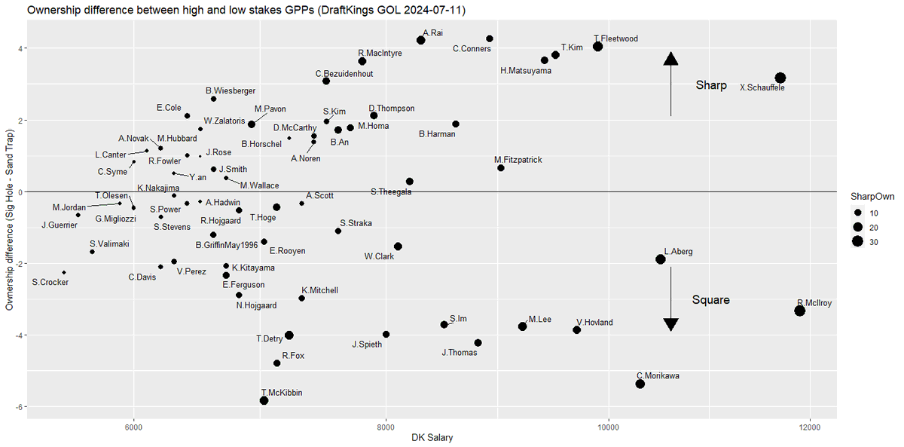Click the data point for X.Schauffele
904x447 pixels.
(780, 78)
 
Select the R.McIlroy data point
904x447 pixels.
(800, 311)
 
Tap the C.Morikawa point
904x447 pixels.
(640, 384)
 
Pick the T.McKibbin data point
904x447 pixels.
(264, 400)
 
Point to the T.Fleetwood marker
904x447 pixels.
(597, 46)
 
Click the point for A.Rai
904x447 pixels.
(421, 40)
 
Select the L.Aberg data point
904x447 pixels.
(661, 259)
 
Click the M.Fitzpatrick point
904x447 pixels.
(501, 167)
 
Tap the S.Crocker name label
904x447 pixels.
(50, 283)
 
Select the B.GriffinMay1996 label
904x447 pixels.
(227, 245)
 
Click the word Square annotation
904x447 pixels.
(710, 300)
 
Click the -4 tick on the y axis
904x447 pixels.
(20, 335)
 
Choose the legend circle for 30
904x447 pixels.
(857, 241)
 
